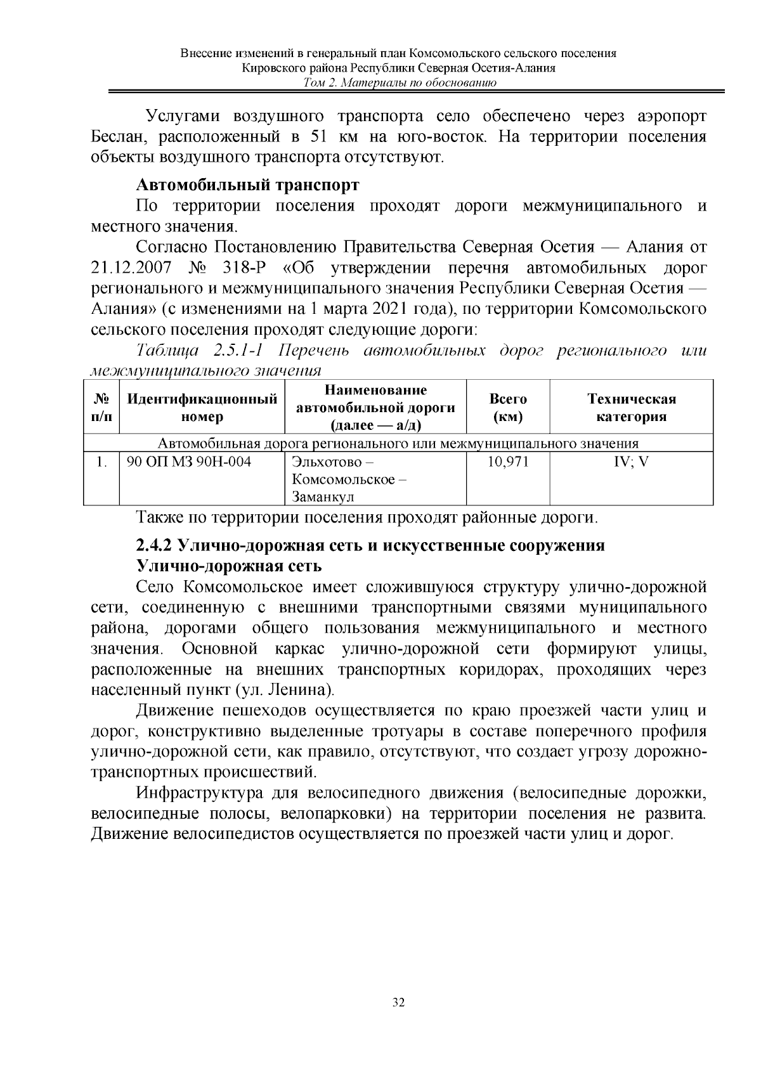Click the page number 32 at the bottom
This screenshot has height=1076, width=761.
click(x=399, y=1002)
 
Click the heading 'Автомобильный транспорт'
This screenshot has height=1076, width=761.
click(x=247, y=185)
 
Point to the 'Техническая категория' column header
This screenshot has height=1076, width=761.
click(x=631, y=408)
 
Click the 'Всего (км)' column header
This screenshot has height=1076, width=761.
click(x=507, y=408)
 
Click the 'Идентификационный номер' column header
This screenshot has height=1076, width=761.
click(x=202, y=408)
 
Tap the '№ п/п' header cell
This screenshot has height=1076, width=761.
click(x=101, y=408)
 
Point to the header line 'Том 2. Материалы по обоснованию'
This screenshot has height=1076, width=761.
click(x=399, y=83)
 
